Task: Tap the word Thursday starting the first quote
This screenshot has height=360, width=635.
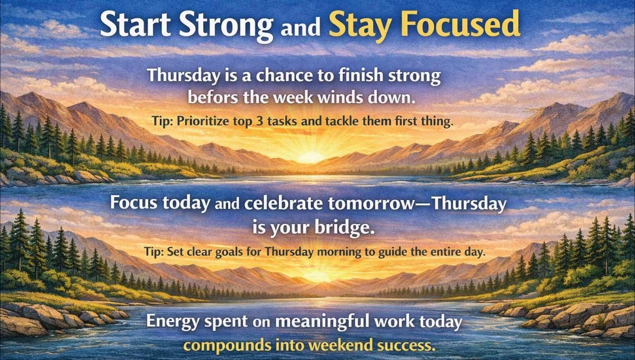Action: (180, 76)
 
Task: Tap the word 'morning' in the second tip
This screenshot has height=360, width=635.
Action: (335, 252)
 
